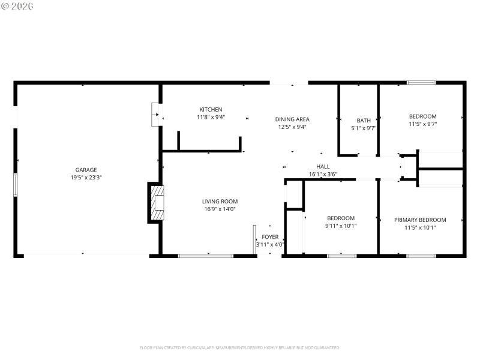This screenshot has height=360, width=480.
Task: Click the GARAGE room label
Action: click(x=86, y=170)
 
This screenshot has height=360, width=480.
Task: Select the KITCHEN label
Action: click(x=211, y=109)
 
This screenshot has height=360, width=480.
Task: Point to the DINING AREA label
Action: click(x=292, y=119)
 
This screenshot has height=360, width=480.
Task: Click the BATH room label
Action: click(x=364, y=120)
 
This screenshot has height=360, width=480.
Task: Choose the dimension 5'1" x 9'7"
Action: click(x=364, y=128)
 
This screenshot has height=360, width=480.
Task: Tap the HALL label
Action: click(x=323, y=166)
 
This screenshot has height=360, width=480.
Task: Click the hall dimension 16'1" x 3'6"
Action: click(x=323, y=175)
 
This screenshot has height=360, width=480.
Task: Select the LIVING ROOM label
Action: click(x=220, y=201)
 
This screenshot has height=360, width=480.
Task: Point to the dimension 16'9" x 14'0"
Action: click(x=220, y=209)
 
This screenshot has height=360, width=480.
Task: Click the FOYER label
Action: click(x=270, y=237)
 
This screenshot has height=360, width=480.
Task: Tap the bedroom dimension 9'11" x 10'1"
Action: click(x=341, y=226)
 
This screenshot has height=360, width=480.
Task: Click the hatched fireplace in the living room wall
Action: click(x=158, y=203)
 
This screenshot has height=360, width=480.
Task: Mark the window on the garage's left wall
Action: click(x=16, y=184)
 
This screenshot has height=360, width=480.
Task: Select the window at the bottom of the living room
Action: click(x=205, y=256)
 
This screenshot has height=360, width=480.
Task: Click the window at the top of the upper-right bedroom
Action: click(x=421, y=82)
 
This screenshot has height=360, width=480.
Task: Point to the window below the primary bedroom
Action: click(x=421, y=256)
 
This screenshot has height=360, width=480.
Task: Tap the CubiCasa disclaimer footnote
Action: click(x=240, y=347)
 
